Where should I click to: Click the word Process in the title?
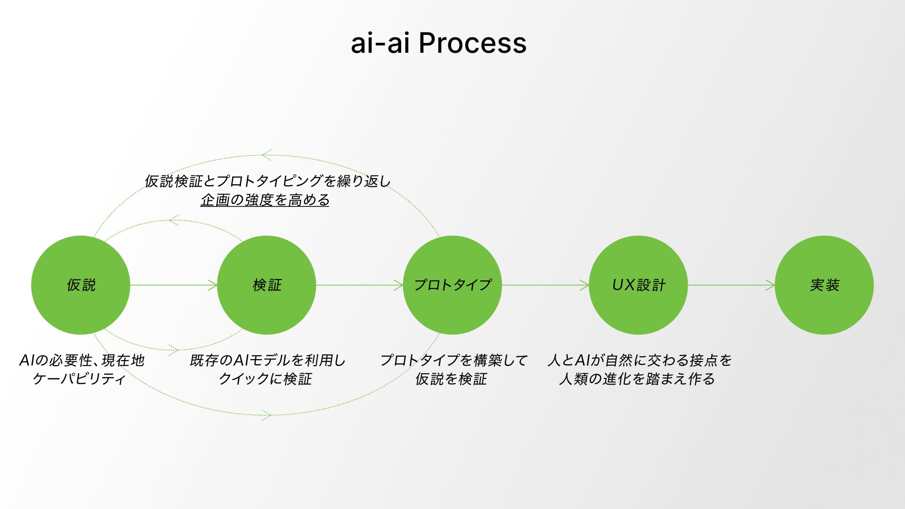(472, 43)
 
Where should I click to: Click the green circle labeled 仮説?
(81, 285)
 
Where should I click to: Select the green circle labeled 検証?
(266, 285)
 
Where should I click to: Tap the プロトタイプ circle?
(452, 285)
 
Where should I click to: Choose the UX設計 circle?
(638, 285)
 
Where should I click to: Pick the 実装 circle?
(824, 285)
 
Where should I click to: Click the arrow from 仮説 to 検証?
(173, 285)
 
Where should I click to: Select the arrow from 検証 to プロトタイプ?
(359, 285)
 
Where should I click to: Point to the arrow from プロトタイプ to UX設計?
(545, 285)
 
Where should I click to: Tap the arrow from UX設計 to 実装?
(731, 285)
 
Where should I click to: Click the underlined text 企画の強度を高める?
(265, 200)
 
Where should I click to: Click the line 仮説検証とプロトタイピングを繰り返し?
(268, 181)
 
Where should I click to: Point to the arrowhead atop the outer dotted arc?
(266, 155)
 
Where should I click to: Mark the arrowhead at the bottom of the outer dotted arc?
(267, 415)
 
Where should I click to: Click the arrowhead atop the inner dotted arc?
(173, 220)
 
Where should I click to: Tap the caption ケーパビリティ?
(79, 379)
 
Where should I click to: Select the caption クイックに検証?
(265, 379)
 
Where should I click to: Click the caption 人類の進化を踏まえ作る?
(637, 379)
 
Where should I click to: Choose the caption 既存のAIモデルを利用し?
(268, 361)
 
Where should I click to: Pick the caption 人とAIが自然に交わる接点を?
(640, 361)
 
